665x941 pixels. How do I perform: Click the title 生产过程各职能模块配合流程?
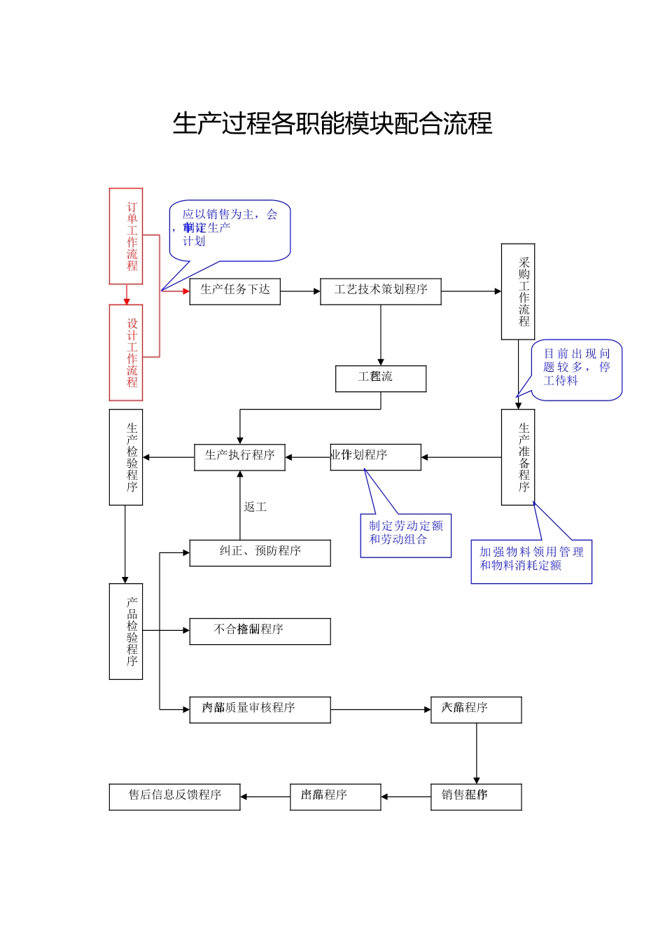[332, 124]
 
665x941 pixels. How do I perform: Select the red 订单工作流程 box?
[126, 236]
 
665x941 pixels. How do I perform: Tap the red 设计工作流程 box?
[126, 352]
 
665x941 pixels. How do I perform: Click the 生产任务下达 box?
[234, 291]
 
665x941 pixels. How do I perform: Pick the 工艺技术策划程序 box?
[380, 291]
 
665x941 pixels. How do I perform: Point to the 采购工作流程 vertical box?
[518, 291]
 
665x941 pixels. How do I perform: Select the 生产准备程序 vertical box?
[518, 457]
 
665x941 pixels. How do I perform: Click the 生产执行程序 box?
[239, 456]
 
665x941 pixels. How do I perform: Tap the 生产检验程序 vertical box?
[126, 457]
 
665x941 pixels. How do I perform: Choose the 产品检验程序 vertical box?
[126, 631]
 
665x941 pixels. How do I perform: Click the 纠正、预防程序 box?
[260, 552]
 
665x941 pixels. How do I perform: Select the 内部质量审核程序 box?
[260, 709]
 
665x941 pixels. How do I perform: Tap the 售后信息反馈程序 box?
[174, 796]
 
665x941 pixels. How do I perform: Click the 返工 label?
[255, 507]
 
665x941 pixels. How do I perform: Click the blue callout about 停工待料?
[576, 369]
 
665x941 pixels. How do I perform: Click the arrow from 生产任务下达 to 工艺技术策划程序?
[300, 291]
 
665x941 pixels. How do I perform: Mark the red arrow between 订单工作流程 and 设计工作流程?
[127, 295]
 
